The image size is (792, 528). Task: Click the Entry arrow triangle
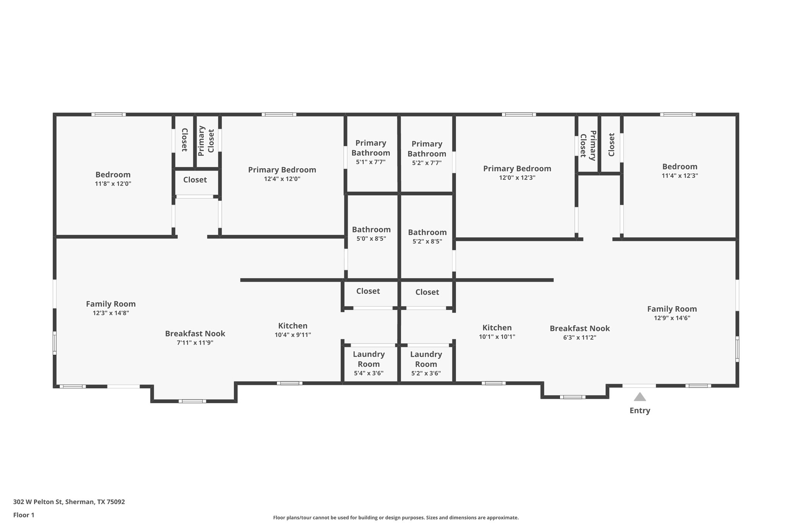coord(640,397)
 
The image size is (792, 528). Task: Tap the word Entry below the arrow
coord(640,410)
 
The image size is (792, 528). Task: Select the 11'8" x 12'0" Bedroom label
coord(113,179)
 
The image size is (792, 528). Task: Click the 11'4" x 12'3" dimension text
coord(679,176)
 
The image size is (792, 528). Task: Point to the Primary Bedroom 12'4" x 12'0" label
coord(282,174)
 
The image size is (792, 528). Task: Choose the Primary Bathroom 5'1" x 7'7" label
coord(370,152)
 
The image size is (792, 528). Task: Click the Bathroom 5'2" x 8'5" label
coord(427,236)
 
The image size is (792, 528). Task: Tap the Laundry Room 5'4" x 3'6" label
coord(369,364)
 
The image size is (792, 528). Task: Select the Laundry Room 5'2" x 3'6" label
coord(426,364)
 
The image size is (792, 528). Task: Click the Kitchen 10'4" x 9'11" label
coord(293,330)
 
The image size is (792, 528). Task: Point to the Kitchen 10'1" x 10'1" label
coord(497,331)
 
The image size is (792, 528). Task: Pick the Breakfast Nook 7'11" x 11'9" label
coord(195,338)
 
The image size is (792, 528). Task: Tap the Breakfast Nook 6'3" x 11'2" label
coord(579,332)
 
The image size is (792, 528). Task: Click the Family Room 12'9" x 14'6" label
coord(672,313)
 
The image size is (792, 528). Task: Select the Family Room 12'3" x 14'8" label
coord(111,308)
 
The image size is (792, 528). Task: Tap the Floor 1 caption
coord(24,515)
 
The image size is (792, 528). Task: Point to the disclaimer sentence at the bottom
coord(396,518)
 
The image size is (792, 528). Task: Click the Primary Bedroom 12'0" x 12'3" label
coord(517,173)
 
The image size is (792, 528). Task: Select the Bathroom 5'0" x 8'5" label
coord(371,234)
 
